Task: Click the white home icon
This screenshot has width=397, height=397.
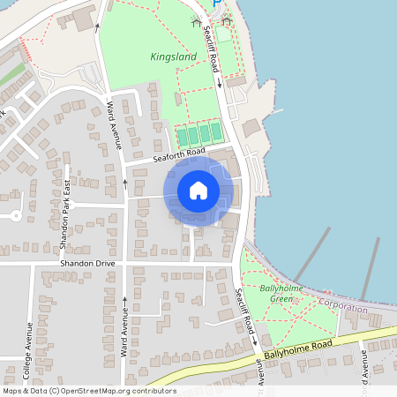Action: pyautogui.click(x=198, y=190)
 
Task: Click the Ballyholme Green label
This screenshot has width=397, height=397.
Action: pyautogui.click(x=276, y=294)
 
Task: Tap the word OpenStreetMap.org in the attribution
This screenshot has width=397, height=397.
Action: pyautogui.click(x=88, y=390)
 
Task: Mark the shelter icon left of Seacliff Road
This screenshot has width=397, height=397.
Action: pyautogui.click(x=195, y=21)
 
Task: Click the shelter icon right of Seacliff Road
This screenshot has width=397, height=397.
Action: pyautogui.click(x=227, y=21)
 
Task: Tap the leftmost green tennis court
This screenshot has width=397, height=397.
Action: pyautogui.click(x=183, y=136)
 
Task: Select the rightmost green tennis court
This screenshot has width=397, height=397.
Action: pyautogui.click(x=215, y=132)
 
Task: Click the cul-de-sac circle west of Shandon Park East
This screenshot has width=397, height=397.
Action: pyautogui.click(x=15, y=215)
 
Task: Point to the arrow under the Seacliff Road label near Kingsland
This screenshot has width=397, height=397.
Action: pyautogui.click(x=218, y=85)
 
